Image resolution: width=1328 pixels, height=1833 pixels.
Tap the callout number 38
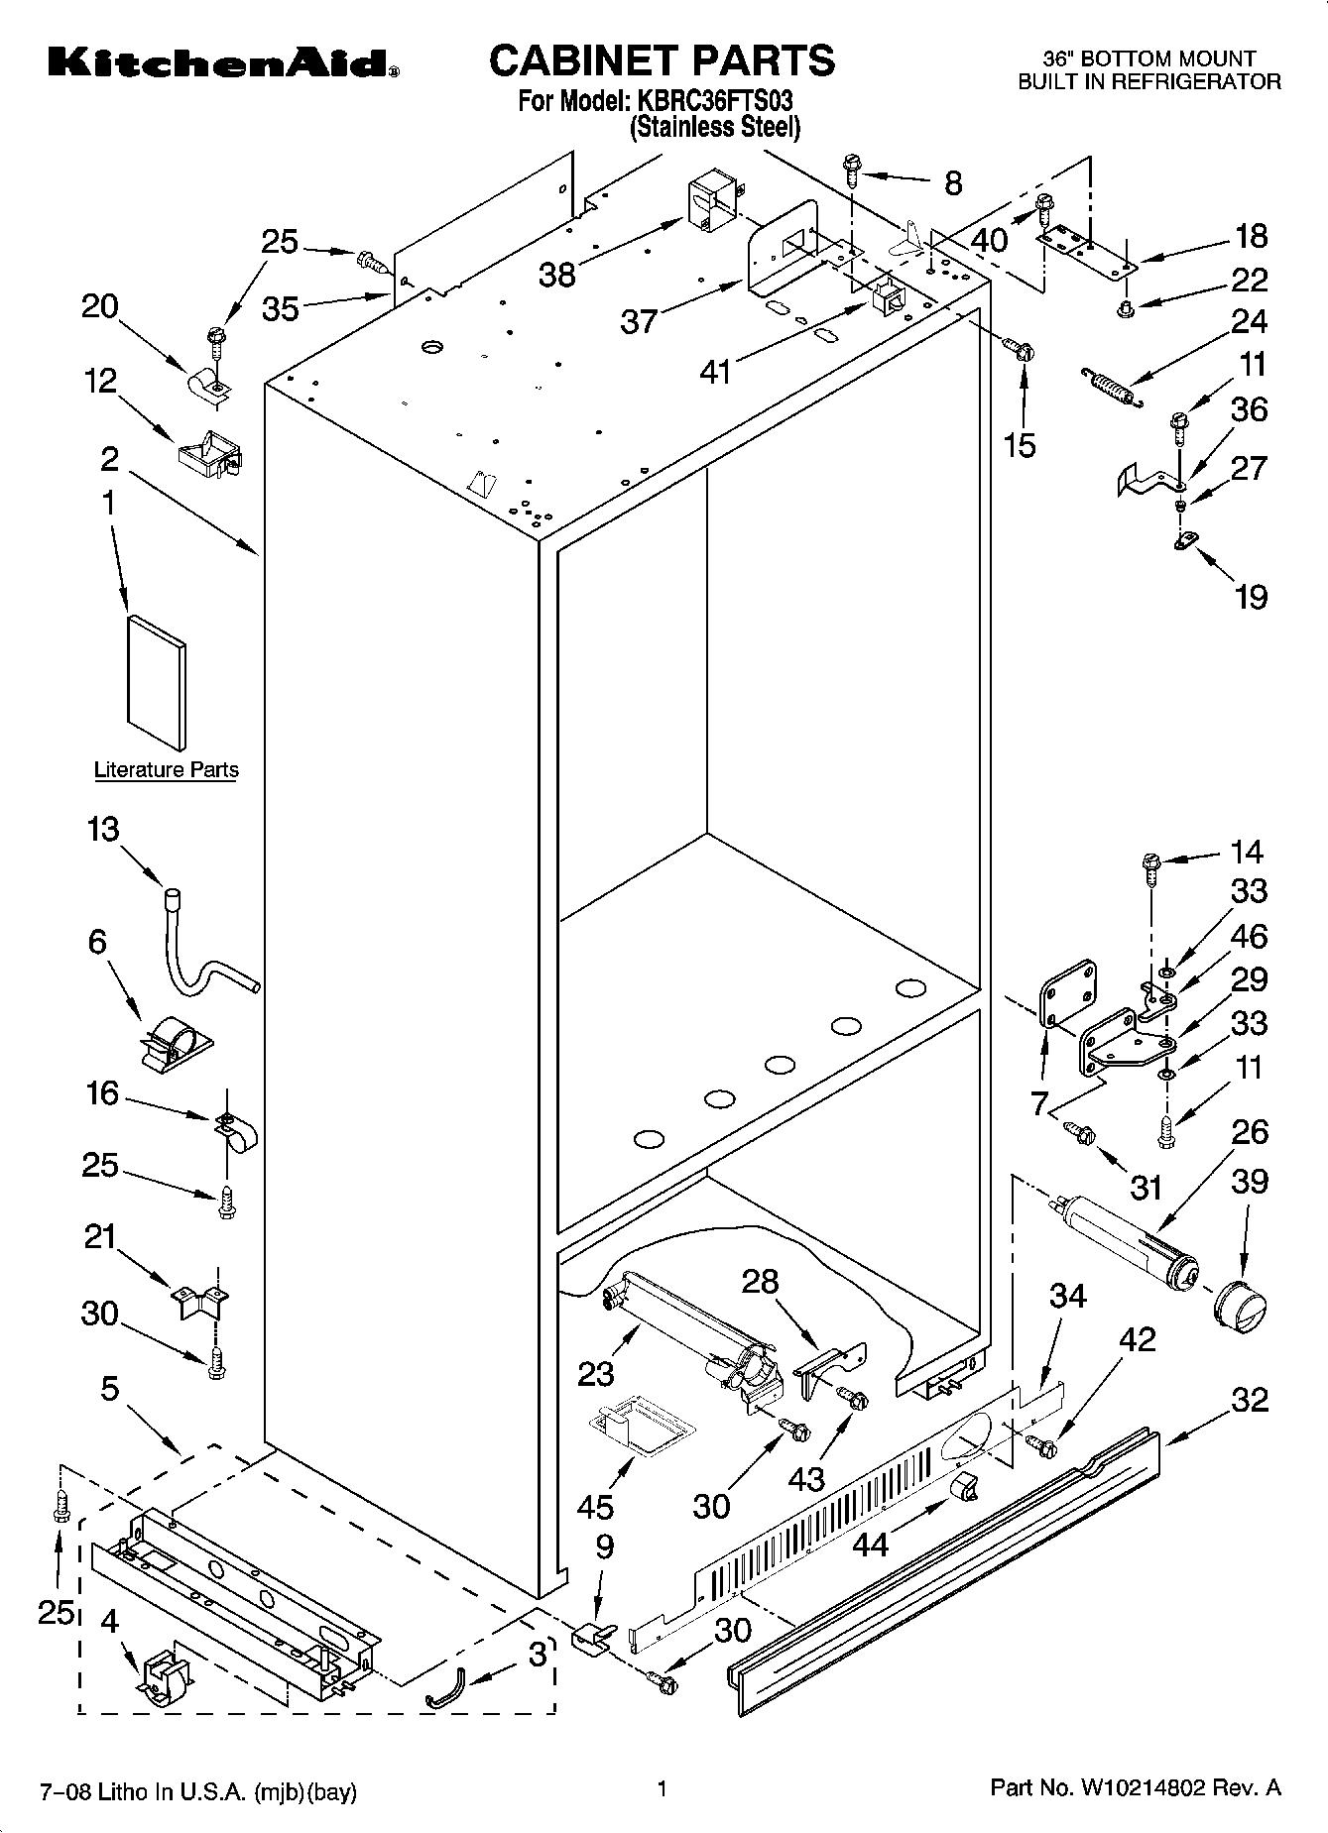(556, 275)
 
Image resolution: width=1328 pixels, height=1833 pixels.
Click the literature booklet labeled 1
(156, 682)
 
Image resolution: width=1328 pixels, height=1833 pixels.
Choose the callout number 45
(596, 1507)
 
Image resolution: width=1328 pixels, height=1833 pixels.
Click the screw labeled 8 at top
(852, 172)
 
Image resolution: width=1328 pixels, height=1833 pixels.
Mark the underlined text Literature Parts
(166, 770)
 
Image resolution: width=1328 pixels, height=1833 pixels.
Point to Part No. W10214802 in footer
(1136, 1788)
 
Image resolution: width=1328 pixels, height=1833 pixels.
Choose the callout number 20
(99, 307)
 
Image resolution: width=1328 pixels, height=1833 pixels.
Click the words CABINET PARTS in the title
(663, 59)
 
